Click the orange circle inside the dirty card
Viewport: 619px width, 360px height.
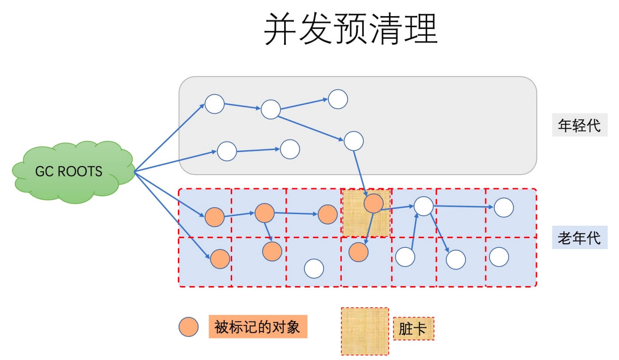(373, 203)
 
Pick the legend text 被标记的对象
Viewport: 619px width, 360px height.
(258, 326)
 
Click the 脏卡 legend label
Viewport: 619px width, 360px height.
(413, 329)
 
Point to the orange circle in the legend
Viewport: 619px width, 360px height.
(188, 327)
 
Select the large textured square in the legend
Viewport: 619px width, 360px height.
(365, 331)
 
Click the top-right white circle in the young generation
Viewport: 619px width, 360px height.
(338, 99)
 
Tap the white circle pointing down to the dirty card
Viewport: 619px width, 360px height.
(354, 141)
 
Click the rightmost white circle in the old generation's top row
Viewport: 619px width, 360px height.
(504, 208)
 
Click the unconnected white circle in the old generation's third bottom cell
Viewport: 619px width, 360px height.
(314, 269)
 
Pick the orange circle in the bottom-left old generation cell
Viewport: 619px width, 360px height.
(220, 259)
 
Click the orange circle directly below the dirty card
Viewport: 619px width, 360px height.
(358, 252)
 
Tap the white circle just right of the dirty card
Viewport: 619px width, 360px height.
(423, 206)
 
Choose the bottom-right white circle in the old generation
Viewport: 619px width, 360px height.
(499, 257)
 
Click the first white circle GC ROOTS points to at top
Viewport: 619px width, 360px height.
(215, 104)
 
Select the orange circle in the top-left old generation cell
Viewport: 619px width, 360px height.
(215, 217)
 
